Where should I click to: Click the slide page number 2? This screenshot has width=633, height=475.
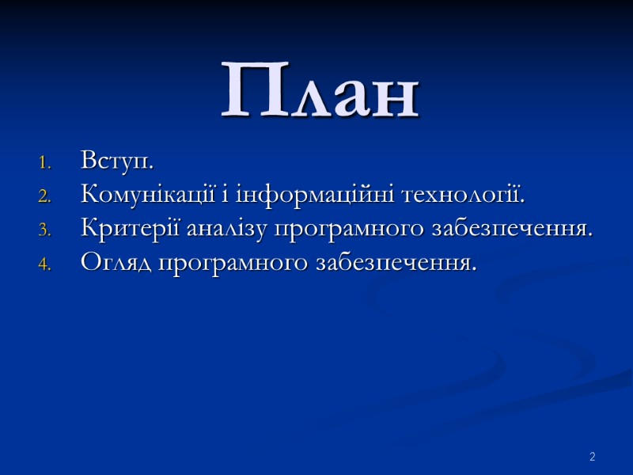(591, 457)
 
